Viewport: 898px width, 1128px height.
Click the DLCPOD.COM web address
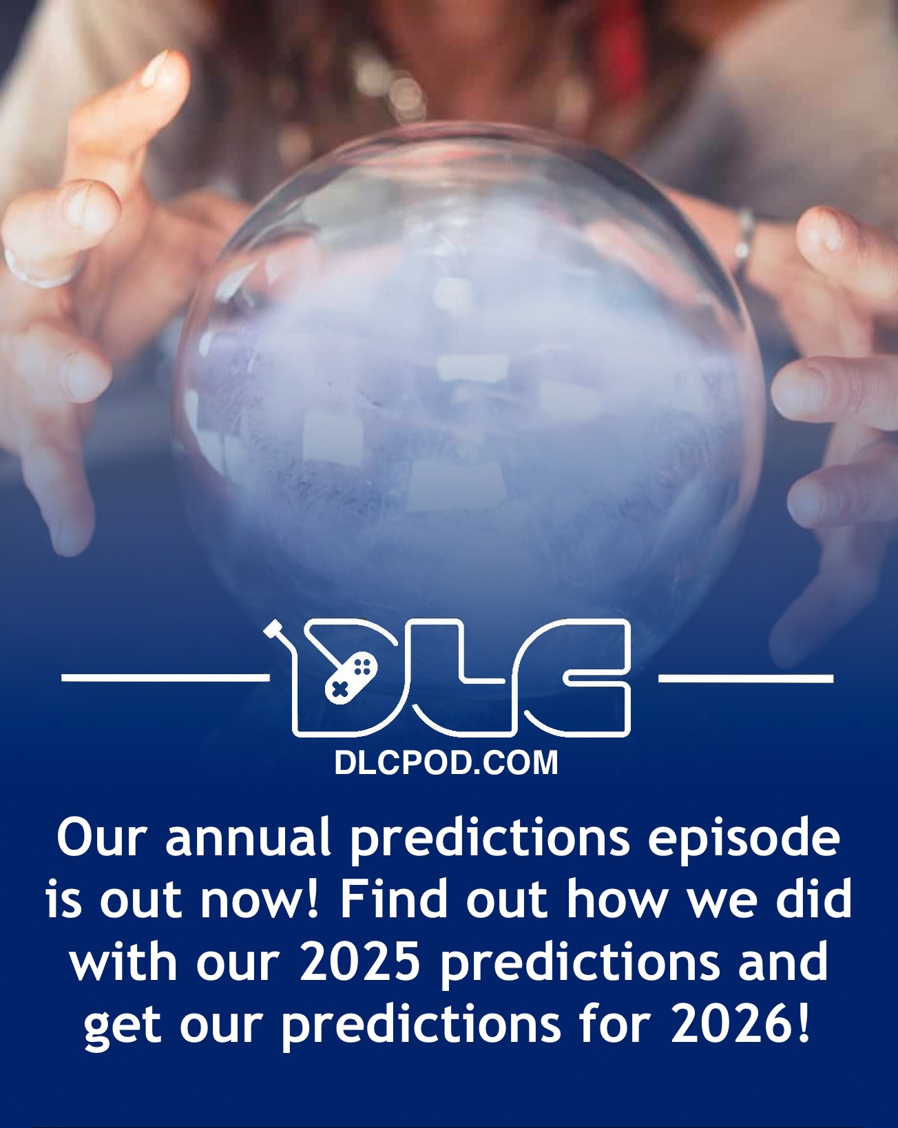446,764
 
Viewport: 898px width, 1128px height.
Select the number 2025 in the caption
361,962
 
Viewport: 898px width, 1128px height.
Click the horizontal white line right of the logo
745,679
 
